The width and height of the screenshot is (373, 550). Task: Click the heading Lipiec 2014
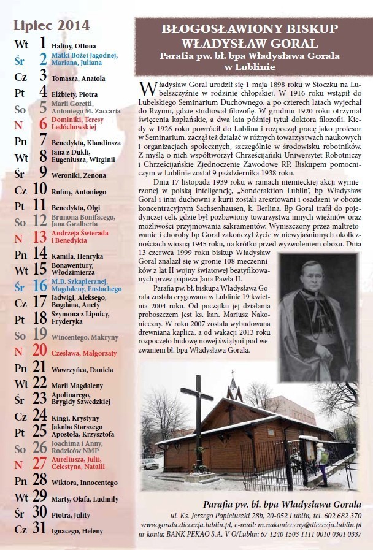52,26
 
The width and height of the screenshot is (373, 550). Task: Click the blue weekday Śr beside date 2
20,60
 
